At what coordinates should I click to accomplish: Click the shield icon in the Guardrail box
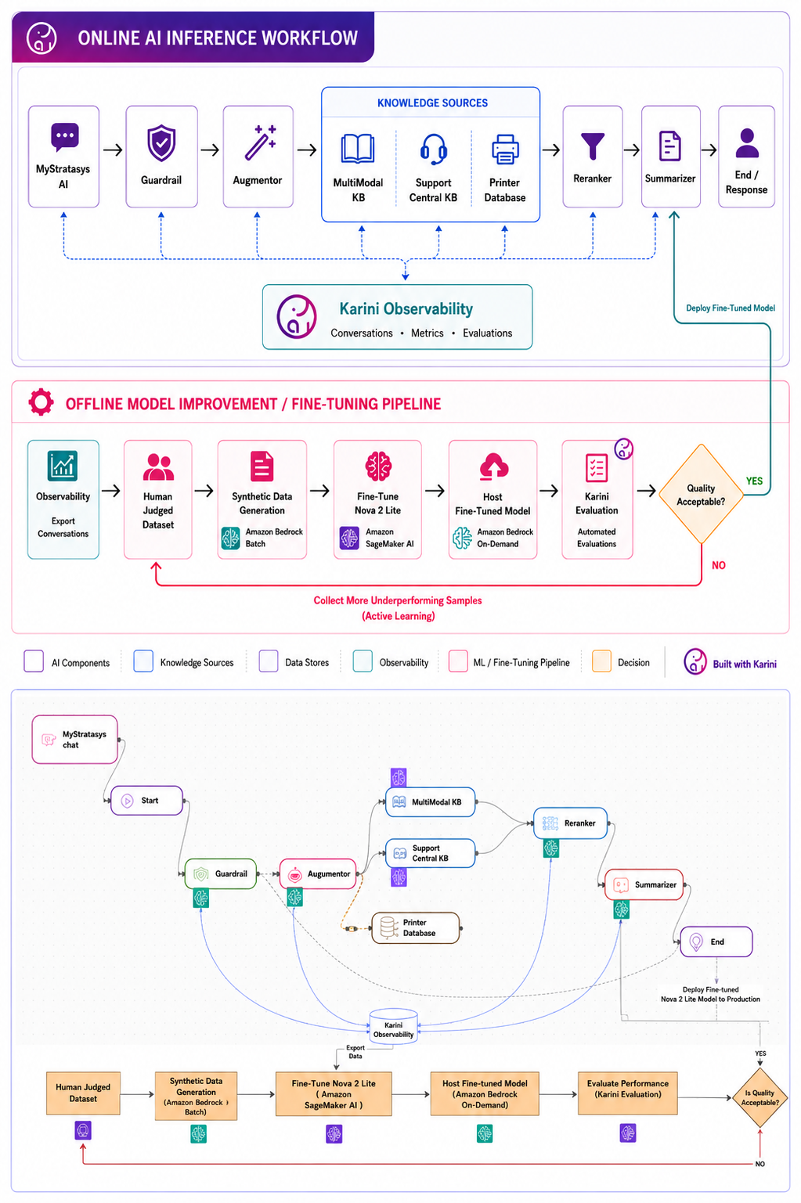[x=162, y=143]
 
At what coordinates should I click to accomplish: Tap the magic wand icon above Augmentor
[x=260, y=142]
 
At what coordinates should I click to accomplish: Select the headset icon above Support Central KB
[x=434, y=149]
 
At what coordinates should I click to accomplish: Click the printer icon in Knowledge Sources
[x=505, y=149]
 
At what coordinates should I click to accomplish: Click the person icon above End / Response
[x=747, y=143]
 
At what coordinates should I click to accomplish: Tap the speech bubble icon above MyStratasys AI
[x=64, y=137]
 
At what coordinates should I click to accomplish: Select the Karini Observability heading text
[x=406, y=309]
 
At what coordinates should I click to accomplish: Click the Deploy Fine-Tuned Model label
[x=730, y=308]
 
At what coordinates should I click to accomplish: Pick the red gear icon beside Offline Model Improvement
[x=41, y=402]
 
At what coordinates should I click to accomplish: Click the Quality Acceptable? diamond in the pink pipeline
[x=701, y=494]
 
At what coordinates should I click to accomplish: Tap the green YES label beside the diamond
[x=754, y=481]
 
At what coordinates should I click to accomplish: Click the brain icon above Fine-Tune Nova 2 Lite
[x=378, y=466]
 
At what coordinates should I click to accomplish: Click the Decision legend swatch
[x=601, y=661]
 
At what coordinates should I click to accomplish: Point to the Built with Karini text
[x=745, y=664]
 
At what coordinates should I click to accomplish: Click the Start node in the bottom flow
[x=146, y=800]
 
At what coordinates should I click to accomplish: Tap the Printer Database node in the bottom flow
[x=415, y=927]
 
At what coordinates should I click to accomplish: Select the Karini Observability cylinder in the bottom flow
[x=394, y=1026]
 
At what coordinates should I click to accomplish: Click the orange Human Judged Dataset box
[x=83, y=1093]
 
